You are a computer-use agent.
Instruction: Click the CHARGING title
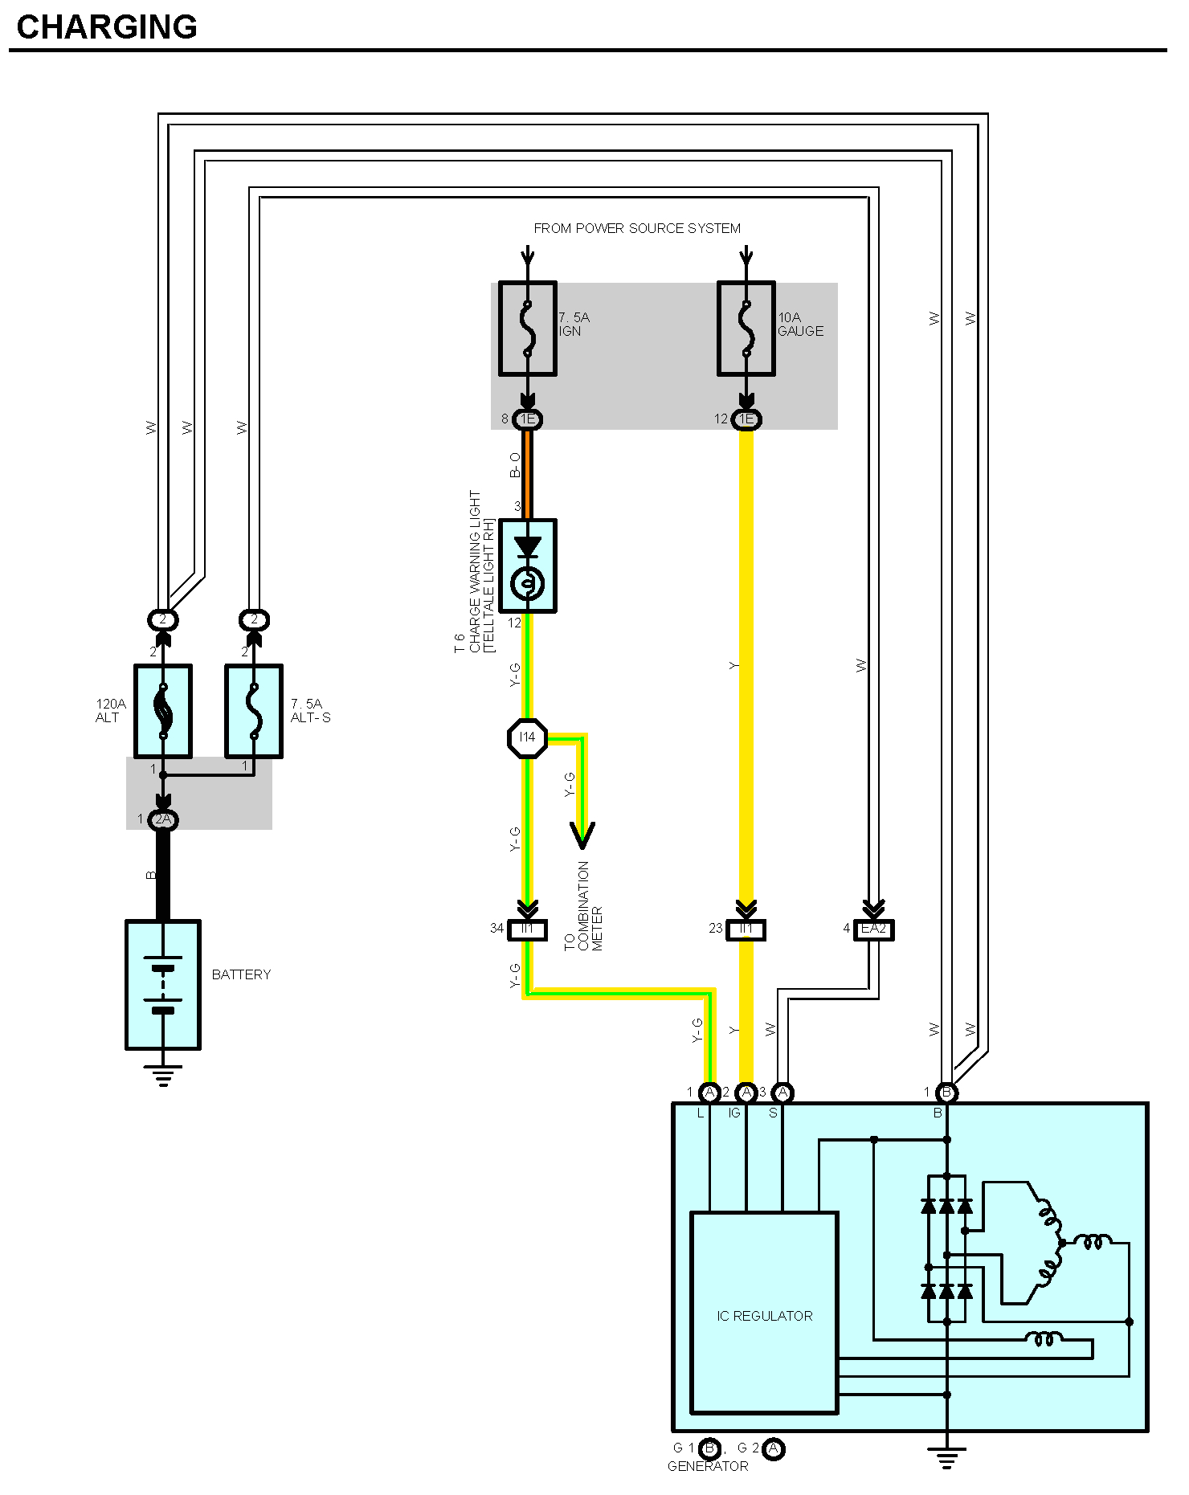[107, 27]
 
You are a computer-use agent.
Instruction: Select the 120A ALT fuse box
[163, 711]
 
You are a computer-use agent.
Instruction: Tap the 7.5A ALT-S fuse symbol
[254, 711]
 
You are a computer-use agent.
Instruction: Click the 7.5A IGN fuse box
[528, 329]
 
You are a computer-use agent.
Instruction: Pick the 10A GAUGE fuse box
[746, 329]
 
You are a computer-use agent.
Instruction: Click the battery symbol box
[163, 984]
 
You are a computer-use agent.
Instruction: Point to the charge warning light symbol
[528, 566]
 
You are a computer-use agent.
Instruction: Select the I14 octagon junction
[527, 737]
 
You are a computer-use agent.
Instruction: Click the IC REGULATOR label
[765, 1316]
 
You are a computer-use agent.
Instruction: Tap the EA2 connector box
[873, 929]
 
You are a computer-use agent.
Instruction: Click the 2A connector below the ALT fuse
[163, 820]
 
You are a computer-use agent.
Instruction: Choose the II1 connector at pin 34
[528, 929]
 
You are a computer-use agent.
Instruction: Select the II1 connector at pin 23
[746, 929]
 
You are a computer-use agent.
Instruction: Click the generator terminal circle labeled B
[947, 1093]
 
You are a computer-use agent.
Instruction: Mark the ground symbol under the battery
[163, 1075]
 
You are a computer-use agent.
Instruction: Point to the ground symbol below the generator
[947, 1456]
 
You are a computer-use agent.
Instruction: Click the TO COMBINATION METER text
[583, 906]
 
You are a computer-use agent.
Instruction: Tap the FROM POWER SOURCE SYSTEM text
[637, 228]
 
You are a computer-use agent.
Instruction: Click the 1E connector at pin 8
[528, 419]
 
